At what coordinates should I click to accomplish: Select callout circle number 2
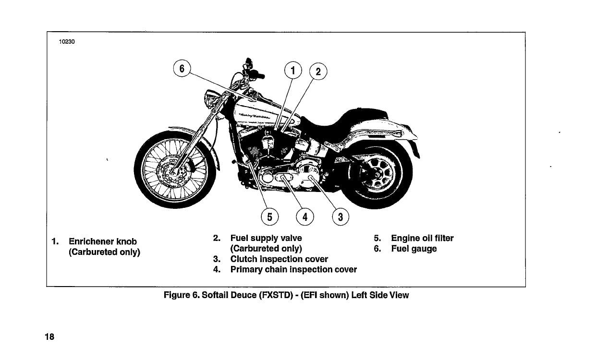point(317,73)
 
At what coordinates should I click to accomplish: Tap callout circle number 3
point(340,217)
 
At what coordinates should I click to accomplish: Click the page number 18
point(49,337)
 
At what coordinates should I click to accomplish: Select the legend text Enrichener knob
point(103,241)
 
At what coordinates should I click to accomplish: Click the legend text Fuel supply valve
point(266,238)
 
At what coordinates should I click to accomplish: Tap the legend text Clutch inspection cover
point(279,259)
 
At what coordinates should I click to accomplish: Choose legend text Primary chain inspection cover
point(293,270)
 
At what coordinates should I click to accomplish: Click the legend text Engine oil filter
point(422,238)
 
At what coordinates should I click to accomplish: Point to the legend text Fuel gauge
point(414,249)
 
